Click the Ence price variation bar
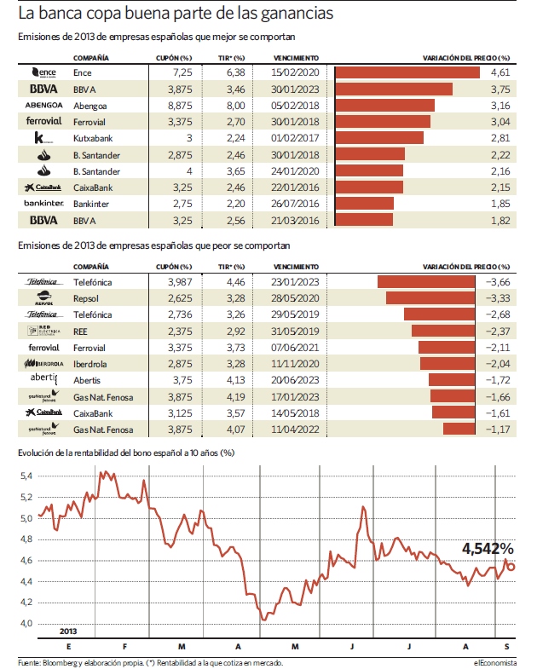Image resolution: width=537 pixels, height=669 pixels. point(407,72)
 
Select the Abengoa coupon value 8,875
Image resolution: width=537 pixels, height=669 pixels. point(180,106)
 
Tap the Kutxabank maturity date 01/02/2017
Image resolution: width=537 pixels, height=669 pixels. point(295,138)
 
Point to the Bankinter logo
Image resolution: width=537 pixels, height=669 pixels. point(44,203)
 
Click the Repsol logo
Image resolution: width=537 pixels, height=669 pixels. point(44,297)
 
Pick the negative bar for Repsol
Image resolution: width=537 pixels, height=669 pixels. point(430,297)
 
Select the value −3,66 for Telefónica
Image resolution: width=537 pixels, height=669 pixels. point(498,282)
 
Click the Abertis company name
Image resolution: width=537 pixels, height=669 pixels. point(87,380)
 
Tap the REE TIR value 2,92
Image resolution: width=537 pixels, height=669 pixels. point(235,331)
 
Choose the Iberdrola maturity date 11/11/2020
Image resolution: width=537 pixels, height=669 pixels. point(295,364)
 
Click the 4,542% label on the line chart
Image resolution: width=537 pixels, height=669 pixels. point(488,549)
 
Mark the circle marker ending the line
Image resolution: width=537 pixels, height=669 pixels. point(510,567)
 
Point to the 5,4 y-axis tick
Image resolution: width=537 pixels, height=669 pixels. point(26,476)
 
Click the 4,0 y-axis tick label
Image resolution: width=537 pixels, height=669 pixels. point(26,623)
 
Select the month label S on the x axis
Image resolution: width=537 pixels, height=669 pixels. point(506,647)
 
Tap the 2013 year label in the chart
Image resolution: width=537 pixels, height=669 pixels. point(68,631)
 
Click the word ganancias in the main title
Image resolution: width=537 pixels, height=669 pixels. point(297,14)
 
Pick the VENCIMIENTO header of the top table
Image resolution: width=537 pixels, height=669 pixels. point(296,58)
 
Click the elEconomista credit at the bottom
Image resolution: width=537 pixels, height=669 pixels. point(494,662)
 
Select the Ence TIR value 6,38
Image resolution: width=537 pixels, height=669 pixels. point(235,72)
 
